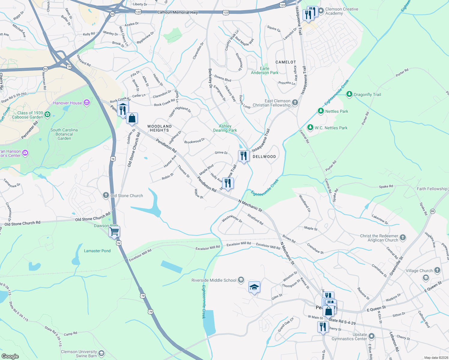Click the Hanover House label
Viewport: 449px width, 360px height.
pos(68,103)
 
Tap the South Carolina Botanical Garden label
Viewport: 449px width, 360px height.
pos(64,134)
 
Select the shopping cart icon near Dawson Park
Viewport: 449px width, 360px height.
pos(114,232)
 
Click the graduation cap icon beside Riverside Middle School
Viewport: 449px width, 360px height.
pos(254,287)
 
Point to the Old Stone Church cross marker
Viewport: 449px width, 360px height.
pos(106,196)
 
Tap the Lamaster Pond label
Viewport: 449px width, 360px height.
pos(97,251)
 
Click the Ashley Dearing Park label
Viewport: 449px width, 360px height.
pos(225,128)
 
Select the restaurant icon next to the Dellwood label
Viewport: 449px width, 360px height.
pos(244,156)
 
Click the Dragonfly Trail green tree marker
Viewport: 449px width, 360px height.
pos(349,94)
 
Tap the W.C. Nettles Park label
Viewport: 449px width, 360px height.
pos(331,128)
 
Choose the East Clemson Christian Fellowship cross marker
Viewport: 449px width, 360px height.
pos(295,103)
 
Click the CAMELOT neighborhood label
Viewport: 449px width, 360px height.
pos(286,62)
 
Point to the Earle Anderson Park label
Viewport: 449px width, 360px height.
pos(264,70)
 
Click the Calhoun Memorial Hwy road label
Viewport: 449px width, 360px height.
pos(178,12)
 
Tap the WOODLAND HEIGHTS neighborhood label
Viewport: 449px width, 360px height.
pos(159,128)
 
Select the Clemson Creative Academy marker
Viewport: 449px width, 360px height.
pos(321,10)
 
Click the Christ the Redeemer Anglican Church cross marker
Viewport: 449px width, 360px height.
pos(403,238)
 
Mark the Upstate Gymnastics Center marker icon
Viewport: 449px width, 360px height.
pos(372,336)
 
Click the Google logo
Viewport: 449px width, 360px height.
pos(10,356)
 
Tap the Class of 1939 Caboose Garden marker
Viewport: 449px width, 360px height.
pos(47,114)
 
